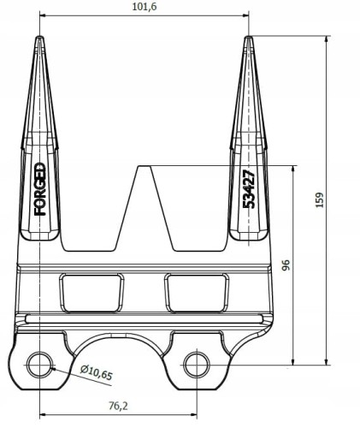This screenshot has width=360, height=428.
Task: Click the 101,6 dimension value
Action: [145, 7]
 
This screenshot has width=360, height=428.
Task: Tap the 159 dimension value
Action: [320, 199]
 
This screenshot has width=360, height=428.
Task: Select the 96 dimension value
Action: [286, 265]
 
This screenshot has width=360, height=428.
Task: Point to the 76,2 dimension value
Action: [119, 406]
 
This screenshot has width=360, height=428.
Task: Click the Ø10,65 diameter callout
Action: [97, 372]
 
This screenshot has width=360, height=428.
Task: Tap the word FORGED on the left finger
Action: [40, 189]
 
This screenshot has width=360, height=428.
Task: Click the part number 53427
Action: [248, 189]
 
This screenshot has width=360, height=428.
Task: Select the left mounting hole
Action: [39, 365]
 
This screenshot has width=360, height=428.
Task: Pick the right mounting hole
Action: [197, 365]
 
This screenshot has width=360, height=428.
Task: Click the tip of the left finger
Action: [39, 36]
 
